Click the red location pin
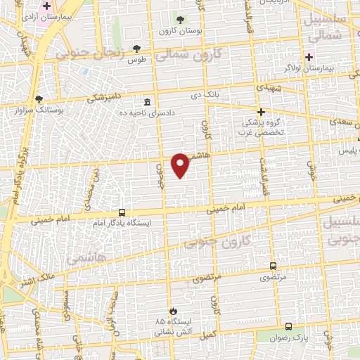click(x=181, y=165)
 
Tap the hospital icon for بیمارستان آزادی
click(x=46, y=6)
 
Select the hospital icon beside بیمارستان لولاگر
click(x=308, y=57)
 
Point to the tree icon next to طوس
click(x=136, y=49)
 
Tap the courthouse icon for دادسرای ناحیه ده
click(x=146, y=103)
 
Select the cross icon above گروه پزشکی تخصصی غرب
click(x=261, y=112)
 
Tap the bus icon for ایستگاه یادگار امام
click(x=122, y=212)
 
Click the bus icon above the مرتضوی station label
click(x=273, y=266)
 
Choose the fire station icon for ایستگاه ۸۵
click(x=173, y=311)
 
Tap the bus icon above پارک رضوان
click(x=288, y=326)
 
